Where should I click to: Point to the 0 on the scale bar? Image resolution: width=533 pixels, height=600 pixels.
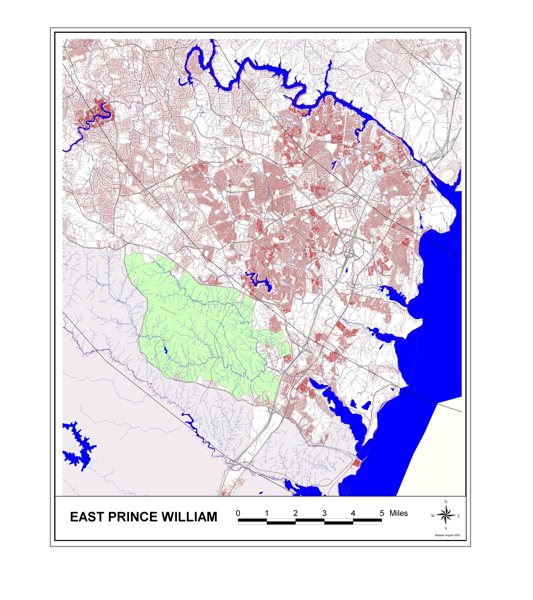point(238,513)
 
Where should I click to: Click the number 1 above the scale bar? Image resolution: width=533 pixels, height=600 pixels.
point(266,513)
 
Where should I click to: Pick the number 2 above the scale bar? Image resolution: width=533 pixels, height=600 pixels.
point(295,513)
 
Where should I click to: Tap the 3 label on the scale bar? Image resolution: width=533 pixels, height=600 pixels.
point(324,513)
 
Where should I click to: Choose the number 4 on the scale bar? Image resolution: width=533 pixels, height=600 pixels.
point(353,513)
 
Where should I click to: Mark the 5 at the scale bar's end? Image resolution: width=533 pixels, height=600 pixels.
point(382,513)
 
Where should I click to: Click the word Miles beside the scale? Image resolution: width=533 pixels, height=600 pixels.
point(398,513)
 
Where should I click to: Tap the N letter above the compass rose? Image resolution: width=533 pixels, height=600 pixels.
point(446,502)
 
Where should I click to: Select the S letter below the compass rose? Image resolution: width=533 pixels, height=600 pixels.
point(446,528)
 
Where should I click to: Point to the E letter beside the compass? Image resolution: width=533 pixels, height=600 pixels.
point(459,516)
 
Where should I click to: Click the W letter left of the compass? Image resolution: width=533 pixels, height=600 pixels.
point(433,516)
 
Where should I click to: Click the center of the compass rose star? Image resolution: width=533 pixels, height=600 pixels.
point(446,515)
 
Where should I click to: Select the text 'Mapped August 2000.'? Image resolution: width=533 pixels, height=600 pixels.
point(447,535)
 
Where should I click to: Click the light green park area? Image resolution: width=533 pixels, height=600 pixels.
point(200,326)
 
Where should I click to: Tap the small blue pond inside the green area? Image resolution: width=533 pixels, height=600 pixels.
point(166,350)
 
